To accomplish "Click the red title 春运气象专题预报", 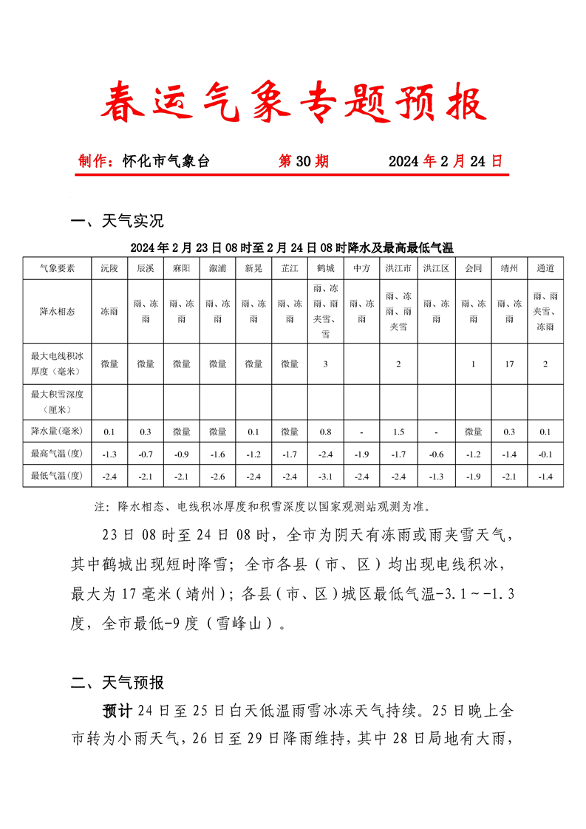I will click(x=293, y=102).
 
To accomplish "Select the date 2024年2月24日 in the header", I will click(x=445, y=161).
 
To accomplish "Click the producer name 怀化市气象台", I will click(x=166, y=161).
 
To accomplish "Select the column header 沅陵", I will click(x=109, y=268).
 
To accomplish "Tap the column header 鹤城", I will click(x=326, y=268).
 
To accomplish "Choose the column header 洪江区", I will click(x=436, y=268).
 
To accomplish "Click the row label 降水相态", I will click(x=57, y=312).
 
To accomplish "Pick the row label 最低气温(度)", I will click(x=57, y=477).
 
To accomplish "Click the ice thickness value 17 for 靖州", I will click(x=509, y=364).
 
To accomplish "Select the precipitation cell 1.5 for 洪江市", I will click(x=398, y=431).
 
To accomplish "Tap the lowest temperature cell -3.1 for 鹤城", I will click(x=326, y=477).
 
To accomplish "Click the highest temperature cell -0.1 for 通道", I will click(x=545, y=454).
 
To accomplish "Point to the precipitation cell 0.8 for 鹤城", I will click(x=326, y=431).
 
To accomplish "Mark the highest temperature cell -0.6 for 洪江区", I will click(x=436, y=454).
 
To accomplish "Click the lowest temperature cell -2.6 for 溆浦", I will click(x=218, y=477).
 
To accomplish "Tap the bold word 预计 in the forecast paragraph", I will click(x=117, y=712).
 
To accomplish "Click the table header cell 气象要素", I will click(x=57, y=268).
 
